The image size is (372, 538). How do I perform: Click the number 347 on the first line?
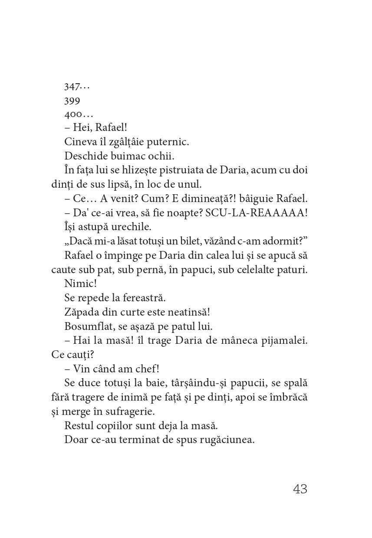pos(72,87)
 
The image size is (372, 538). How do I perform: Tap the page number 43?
pos(300,489)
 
